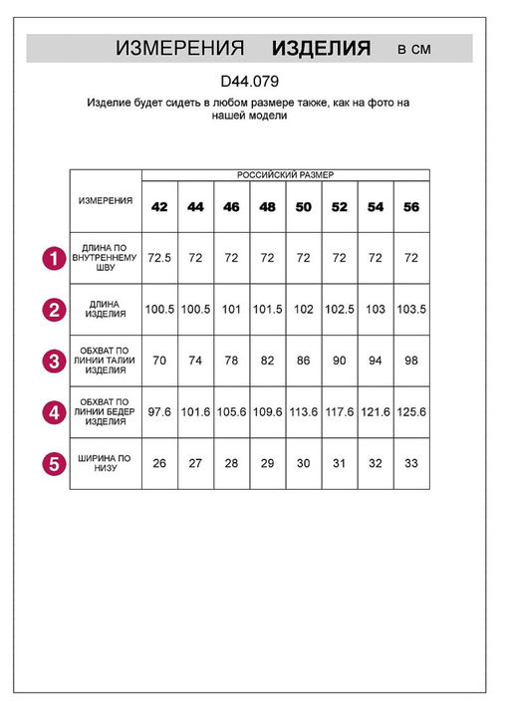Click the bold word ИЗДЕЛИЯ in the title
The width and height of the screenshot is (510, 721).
(x=322, y=48)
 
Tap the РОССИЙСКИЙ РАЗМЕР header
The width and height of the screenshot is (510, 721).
(x=285, y=174)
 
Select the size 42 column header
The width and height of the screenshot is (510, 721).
(x=159, y=207)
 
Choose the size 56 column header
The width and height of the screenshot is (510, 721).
(x=411, y=207)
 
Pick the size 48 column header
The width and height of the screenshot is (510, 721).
(x=267, y=207)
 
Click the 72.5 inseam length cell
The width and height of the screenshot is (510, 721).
(x=159, y=258)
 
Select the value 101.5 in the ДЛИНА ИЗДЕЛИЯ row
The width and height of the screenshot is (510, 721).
(x=267, y=310)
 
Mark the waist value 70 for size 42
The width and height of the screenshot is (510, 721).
(x=159, y=360)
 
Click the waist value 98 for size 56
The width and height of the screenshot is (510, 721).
(x=411, y=360)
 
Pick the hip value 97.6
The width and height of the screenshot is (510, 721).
(x=159, y=412)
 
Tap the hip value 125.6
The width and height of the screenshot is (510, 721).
(x=411, y=412)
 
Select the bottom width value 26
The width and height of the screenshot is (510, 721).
(x=159, y=463)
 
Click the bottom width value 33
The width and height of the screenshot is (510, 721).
(x=411, y=463)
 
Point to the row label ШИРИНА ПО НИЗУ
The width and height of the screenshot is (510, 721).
(x=105, y=463)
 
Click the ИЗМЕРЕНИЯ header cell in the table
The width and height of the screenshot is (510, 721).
(x=105, y=200)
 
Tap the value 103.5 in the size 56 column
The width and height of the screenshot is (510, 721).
(x=411, y=310)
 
